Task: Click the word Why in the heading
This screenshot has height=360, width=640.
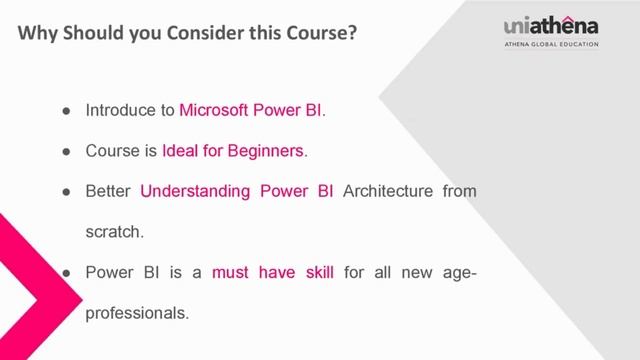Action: click(x=37, y=34)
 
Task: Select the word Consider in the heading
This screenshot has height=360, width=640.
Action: click(x=234, y=34)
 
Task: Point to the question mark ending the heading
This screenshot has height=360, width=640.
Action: click(x=354, y=34)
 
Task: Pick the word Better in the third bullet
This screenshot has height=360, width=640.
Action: click(x=108, y=191)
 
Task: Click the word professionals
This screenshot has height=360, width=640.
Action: click(x=136, y=312)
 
